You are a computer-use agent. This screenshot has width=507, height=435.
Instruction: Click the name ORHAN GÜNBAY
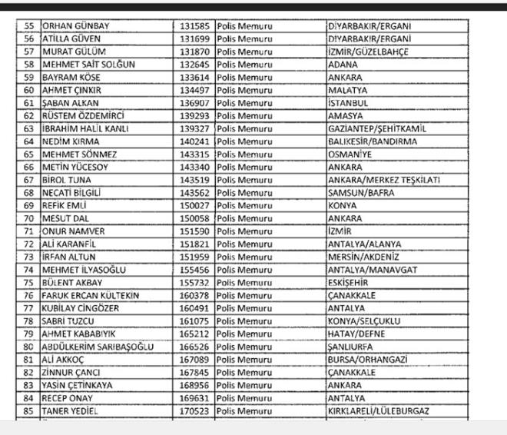click(x=76, y=26)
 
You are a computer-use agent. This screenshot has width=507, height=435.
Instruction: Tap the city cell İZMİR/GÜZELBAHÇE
click(x=367, y=51)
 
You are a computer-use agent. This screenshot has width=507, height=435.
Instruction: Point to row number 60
click(x=30, y=90)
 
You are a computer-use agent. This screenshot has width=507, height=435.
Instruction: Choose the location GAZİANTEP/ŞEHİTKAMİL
click(x=376, y=128)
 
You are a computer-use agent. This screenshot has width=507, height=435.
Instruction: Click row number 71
click(x=30, y=231)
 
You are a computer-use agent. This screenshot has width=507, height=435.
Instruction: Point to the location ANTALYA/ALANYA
click(x=363, y=244)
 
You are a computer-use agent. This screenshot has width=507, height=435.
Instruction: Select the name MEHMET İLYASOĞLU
click(x=84, y=270)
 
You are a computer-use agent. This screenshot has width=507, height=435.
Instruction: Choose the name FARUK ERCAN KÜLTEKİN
click(x=92, y=295)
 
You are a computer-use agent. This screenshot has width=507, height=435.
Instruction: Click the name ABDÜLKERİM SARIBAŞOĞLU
click(x=98, y=347)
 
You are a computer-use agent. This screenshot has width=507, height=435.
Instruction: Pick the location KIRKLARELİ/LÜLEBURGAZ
click(x=378, y=411)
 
